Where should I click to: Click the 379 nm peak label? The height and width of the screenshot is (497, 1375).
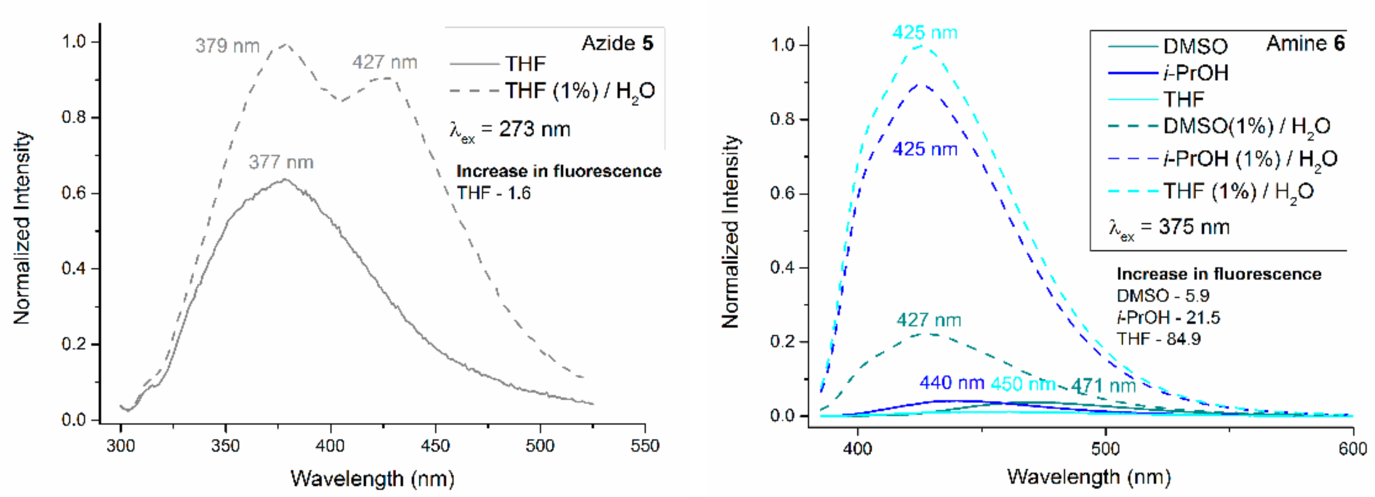(x=228, y=46)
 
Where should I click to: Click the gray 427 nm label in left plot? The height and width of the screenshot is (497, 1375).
(x=384, y=62)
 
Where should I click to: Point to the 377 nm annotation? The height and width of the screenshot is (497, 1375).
(x=281, y=162)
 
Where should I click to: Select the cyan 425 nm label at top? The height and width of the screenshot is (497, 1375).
(x=925, y=33)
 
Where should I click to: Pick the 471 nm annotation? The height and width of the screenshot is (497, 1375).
(x=1103, y=386)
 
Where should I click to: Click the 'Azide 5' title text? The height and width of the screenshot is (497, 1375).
(x=617, y=43)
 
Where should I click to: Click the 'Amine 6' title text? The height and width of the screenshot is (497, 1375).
(x=1305, y=43)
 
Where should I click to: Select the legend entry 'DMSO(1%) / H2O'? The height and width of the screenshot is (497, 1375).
(x=1246, y=126)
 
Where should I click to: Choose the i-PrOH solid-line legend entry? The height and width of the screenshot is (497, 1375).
(x=1196, y=73)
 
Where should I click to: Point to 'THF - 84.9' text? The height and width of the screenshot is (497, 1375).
(x=1158, y=339)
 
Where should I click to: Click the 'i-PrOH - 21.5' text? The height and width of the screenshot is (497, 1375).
(x=1168, y=318)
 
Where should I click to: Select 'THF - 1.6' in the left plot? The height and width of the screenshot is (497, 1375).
(x=494, y=193)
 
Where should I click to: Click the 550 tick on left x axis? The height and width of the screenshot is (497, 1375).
(x=645, y=446)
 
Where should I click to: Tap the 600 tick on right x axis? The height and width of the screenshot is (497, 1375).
(x=1352, y=448)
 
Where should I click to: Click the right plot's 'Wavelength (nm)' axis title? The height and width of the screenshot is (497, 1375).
(x=1089, y=477)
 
